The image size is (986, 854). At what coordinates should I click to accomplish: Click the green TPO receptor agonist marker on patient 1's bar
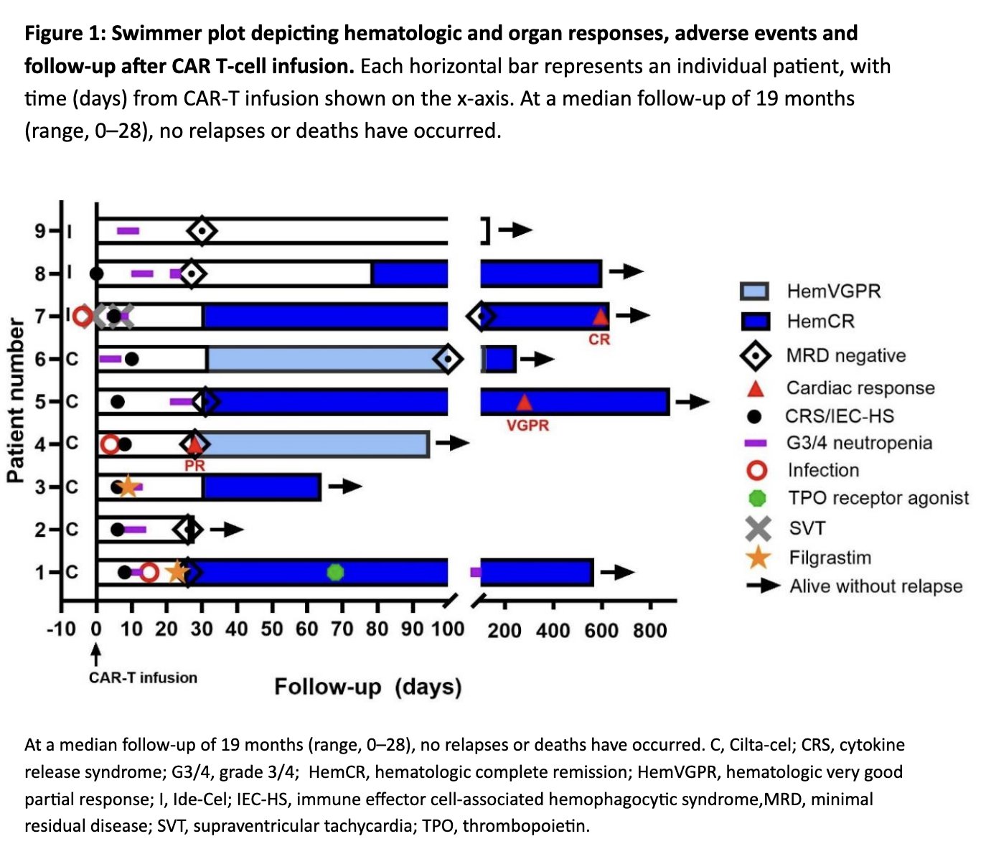pyautogui.click(x=335, y=572)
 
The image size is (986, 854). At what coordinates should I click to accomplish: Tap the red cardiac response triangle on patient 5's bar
pyautogui.click(x=524, y=402)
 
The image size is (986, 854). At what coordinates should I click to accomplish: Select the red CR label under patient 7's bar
pyautogui.click(x=599, y=339)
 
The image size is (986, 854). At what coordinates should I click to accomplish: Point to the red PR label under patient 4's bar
pyautogui.click(x=194, y=466)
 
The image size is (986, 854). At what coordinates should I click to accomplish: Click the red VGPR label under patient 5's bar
pyautogui.click(x=527, y=426)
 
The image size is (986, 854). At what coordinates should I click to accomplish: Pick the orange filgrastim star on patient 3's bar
pyautogui.click(x=128, y=487)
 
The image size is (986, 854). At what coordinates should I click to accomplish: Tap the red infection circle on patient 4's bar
pyautogui.click(x=110, y=444)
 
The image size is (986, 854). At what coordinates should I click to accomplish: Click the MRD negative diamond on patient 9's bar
pyautogui.click(x=202, y=231)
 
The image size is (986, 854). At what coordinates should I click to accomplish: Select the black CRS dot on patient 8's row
pyautogui.click(x=96, y=273)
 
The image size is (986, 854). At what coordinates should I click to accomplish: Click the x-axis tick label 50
pyautogui.click(x=272, y=629)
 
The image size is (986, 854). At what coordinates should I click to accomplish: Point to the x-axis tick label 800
pyautogui.click(x=649, y=631)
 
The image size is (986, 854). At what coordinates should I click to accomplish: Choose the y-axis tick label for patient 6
pyautogui.click(x=41, y=359)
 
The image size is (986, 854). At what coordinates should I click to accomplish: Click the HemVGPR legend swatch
pyautogui.click(x=754, y=291)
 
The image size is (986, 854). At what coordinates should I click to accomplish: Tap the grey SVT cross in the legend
pyautogui.click(x=758, y=528)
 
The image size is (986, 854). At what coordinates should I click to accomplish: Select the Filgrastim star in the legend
pyautogui.click(x=758, y=558)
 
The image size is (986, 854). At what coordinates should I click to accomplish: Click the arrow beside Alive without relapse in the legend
pyautogui.click(x=762, y=586)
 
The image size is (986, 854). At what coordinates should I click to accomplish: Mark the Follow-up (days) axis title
pyautogui.click(x=367, y=687)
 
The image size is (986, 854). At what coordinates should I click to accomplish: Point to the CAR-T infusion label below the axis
pyautogui.click(x=143, y=677)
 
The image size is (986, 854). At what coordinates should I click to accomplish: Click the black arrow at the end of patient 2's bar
pyautogui.click(x=227, y=530)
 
